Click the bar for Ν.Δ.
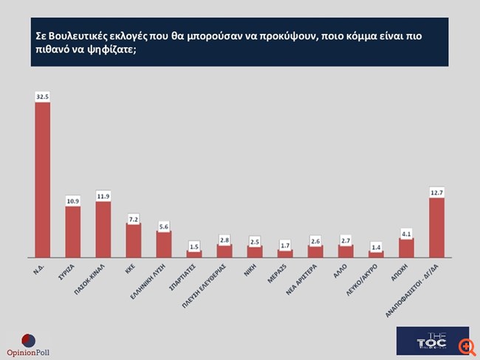43,180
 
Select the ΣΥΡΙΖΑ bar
73,231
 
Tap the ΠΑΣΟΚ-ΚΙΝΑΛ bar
103,229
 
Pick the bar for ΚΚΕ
134,240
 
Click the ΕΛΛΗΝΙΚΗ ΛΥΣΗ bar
164,244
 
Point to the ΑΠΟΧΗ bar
406,248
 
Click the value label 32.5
43,96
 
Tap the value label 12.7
436,192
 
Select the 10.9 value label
73,200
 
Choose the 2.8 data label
224,239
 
